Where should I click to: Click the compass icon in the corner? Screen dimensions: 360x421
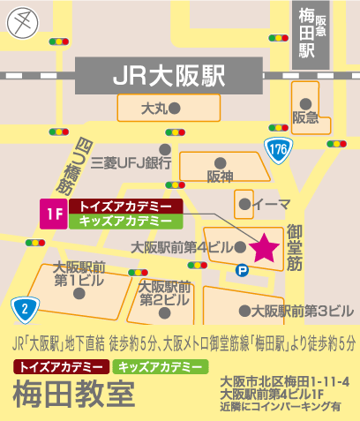tap(24, 22)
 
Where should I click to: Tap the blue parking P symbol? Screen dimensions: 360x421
tap(242, 272)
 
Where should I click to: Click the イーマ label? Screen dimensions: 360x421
tap(265, 204)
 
